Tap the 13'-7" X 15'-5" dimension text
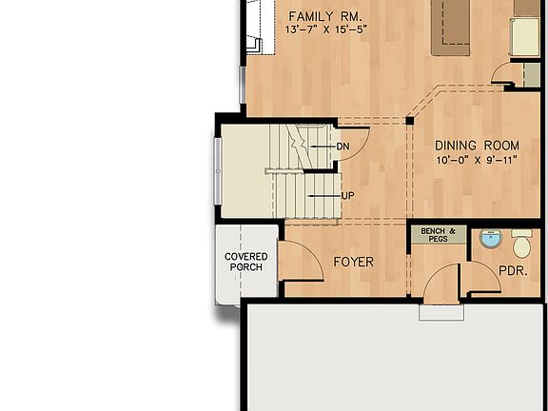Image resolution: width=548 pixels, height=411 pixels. [325, 30]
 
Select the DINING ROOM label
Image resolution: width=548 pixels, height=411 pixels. [478, 146]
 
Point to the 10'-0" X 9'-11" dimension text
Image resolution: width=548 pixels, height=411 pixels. [477, 160]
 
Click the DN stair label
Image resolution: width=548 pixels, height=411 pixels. [343, 147]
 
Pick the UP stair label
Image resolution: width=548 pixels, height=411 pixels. [347, 196]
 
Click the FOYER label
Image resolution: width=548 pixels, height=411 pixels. [353, 262]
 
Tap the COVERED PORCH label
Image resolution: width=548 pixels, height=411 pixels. [245, 262]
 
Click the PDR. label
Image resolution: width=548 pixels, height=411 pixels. [513, 271]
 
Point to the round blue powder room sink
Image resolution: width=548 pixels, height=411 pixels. [490, 238]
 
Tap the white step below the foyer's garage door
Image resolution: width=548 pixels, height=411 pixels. [441, 312]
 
